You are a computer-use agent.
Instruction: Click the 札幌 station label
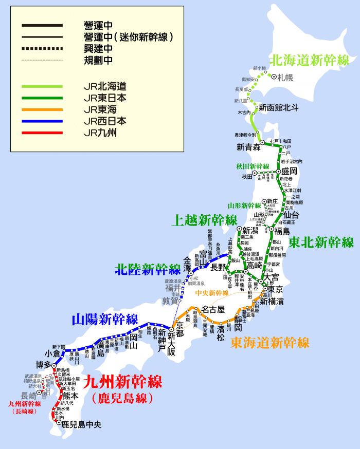285,78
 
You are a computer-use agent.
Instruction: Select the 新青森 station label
249,147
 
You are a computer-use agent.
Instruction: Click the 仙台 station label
291,215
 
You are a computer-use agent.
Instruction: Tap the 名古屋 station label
213,310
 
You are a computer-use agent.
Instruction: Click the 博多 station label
43,365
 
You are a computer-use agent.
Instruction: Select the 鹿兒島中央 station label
82,425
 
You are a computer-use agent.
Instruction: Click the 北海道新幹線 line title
310,61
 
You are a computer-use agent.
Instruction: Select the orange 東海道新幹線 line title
269,342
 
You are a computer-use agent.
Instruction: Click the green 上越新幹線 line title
206,220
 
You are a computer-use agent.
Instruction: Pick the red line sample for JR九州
42,133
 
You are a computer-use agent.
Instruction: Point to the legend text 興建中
98,49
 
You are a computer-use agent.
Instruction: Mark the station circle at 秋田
254,174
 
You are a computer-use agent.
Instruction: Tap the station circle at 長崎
39,392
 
